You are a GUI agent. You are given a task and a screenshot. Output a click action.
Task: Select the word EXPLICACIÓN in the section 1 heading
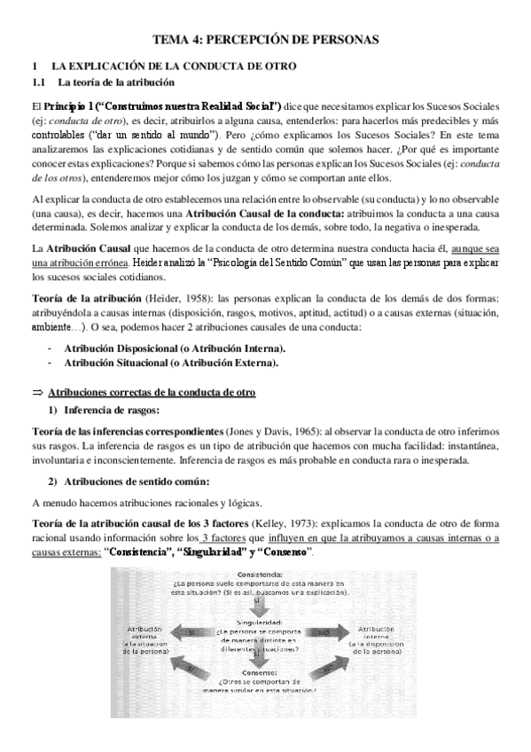click(x=115, y=67)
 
